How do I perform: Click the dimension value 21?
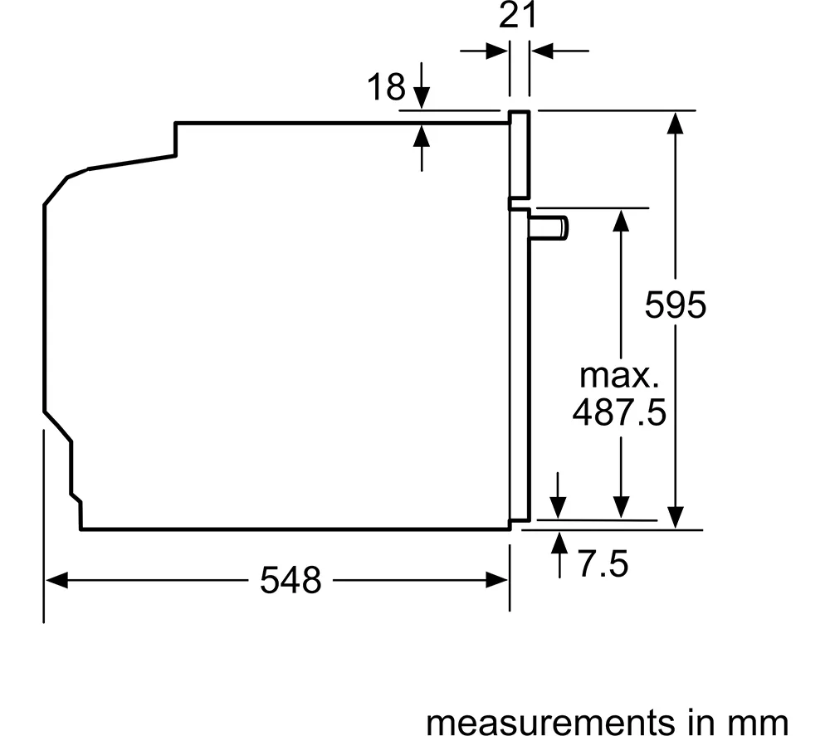click(x=518, y=15)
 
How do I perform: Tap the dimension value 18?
click(x=387, y=87)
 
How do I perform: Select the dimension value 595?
click(x=676, y=305)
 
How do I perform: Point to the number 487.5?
click(x=619, y=412)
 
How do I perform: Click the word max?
click(x=619, y=375)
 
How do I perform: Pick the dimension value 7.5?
click(x=603, y=563)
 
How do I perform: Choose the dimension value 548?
click(x=290, y=580)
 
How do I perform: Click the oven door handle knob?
click(x=549, y=228)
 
